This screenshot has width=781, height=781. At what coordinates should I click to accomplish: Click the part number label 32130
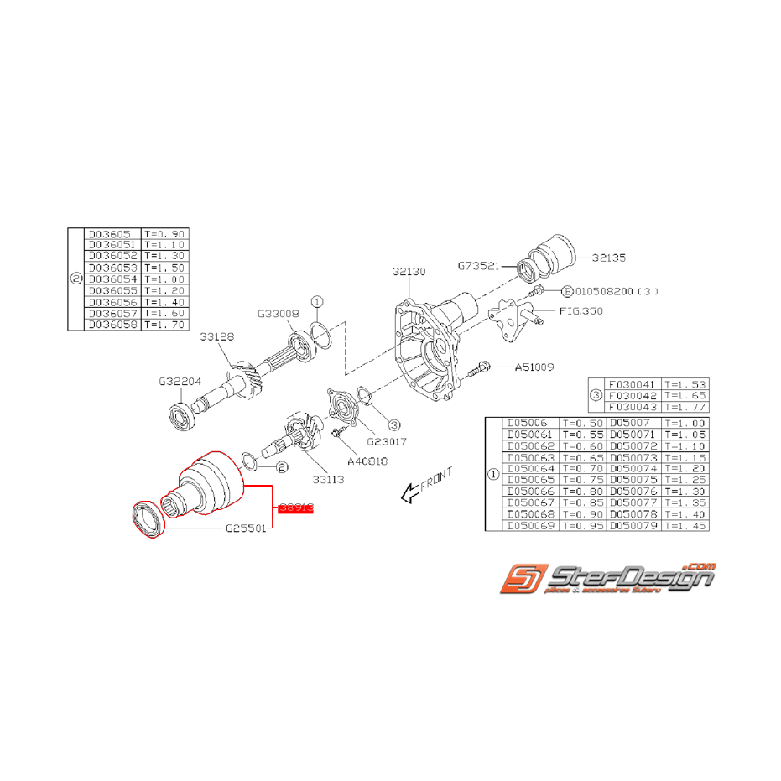pos(409,272)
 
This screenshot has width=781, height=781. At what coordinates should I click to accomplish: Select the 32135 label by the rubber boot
pos(608,258)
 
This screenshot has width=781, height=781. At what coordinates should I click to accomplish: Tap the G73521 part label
pos(478,265)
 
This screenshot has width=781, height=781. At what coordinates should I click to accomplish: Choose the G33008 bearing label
pos(278,315)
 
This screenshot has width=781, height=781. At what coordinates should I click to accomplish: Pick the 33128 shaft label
pos(216,337)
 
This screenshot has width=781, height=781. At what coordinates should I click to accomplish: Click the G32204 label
pos(179,380)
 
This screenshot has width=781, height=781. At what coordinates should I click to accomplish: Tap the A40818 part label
pos(366,461)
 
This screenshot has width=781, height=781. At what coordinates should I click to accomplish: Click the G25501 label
pos(246,529)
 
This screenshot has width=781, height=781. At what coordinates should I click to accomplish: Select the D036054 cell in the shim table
pos(112,279)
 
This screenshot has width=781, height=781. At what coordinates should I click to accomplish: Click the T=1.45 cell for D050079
pos(685,525)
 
